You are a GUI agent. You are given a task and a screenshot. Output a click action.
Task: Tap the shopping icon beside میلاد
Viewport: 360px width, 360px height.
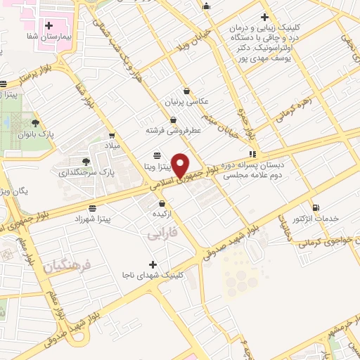(x=112, y=134)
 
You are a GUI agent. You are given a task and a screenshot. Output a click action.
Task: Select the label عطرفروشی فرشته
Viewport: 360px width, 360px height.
(x=174, y=130)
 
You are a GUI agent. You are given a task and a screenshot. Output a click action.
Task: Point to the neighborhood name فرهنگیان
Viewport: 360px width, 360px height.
(x=67, y=266)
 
